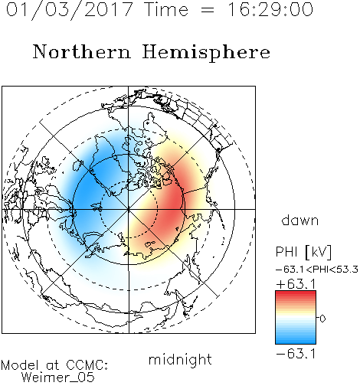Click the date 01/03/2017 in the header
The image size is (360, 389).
click(x=70, y=10)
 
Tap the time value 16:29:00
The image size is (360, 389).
click(x=270, y=9)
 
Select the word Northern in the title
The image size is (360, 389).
click(x=82, y=52)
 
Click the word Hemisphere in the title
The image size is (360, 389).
click(x=206, y=53)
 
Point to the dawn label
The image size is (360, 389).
click(x=299, y=220)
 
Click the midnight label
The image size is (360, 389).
click(x=180, y=359)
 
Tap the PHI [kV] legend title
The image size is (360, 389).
click(x=303, y=252)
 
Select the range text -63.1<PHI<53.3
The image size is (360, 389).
click(x=317, y=270)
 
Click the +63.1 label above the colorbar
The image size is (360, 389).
click(x=296, y=284)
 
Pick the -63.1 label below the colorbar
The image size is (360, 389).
click(x=296, y=354)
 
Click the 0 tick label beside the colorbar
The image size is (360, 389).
click(x=322, y=319)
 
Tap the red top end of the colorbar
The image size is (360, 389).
click(x=296, y=293)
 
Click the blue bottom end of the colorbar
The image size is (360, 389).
click(x=296, y=342)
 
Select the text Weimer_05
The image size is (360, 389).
click(x=58, y=377)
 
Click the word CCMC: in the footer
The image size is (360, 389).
click(x=87, y=365)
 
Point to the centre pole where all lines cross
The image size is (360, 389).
click(x=129, y=209)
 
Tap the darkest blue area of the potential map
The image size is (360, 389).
click(x=87, y=194)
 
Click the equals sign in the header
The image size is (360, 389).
click(x=208, y=10)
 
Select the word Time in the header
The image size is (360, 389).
click(x=166, y=9)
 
